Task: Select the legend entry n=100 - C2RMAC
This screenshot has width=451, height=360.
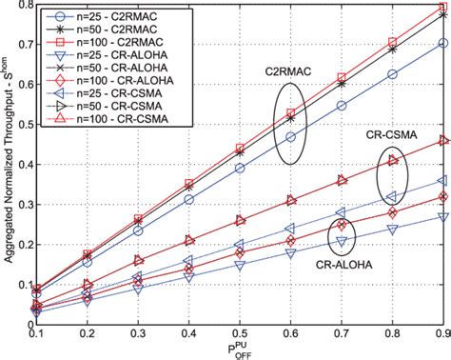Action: click(95, 44)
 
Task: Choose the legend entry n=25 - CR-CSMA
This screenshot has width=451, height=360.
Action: click(96, 100)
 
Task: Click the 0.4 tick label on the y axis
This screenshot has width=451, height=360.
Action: click(21, 163)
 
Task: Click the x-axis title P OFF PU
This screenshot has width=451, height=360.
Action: click(240, 350)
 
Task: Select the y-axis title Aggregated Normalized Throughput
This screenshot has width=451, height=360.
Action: click(8, 162)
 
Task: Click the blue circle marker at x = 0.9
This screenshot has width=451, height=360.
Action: click(442, 44)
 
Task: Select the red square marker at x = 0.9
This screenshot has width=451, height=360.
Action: click(442, 9)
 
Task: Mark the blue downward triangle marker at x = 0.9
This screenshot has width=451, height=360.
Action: click(442, 216)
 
